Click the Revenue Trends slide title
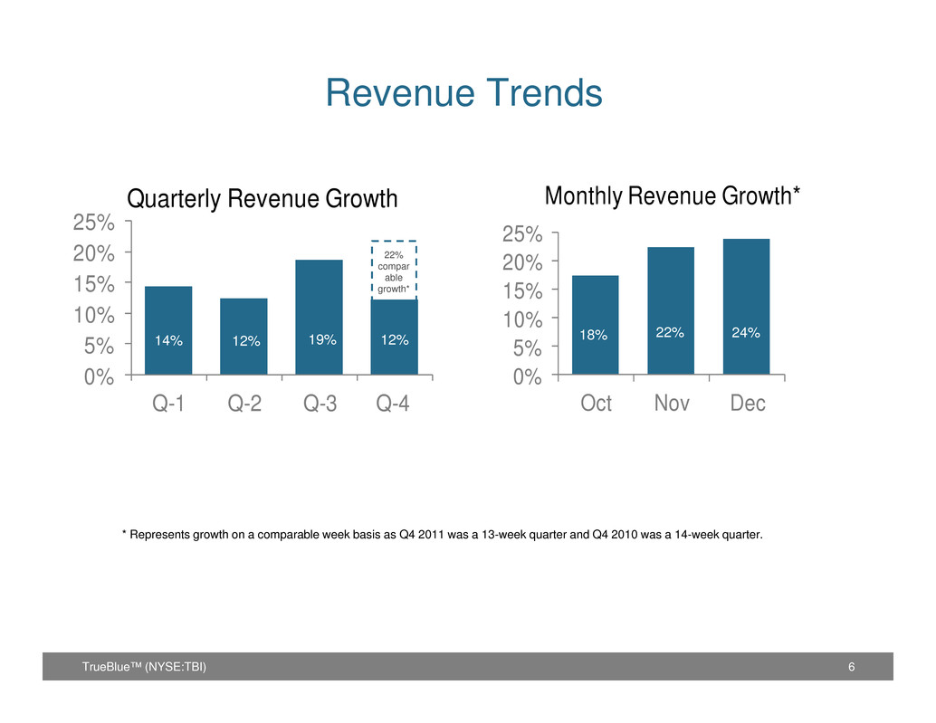[463, 93]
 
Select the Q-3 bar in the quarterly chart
[319, 318]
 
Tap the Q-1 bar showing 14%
[168, 330]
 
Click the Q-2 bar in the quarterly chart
[244, 337]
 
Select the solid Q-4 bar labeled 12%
[394, 337]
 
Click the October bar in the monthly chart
[595, 325]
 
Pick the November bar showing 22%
[671, 310]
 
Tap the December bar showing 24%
[746, 307]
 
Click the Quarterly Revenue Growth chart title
[262, 199]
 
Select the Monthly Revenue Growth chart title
[673, 195]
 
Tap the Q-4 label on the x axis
[393, 404]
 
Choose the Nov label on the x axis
[672, 404]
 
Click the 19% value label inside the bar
[322, 339]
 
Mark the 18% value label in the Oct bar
[593, 335]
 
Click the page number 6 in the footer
[851, 667]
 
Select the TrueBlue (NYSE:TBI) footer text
[144, 667]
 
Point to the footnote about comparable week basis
[443, 535]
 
